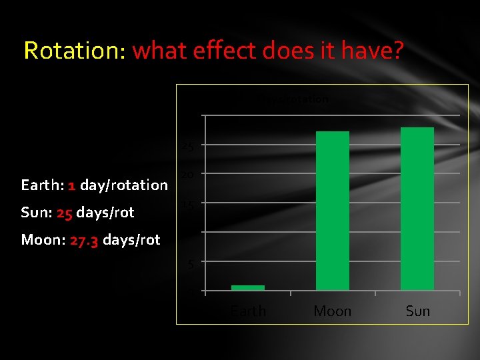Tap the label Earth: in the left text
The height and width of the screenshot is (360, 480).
pyautogui.click(x=43, y=185)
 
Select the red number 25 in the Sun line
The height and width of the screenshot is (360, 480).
pyautogui.click(x=64, y=213)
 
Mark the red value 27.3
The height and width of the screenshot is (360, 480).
pyautogui.click(x=84, y=240)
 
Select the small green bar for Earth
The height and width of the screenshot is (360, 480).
pyautogui.click(x=248, y=288)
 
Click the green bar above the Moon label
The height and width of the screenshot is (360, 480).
pyautogui.click(x=333, y=211)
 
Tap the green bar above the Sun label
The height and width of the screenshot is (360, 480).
pyautogui.click(x=417, y=209)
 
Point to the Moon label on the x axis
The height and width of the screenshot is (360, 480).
pyautogui.click(x=333, y=311)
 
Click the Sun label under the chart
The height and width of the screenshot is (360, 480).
pyautogui.click(x=418, y=311)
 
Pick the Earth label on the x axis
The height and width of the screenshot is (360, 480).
pyautogui.click(x=248, y=311)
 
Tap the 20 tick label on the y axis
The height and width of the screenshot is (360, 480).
pyautogui.click(x=189, y=175)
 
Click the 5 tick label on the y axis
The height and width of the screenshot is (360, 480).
pyautogui.click(x=191, y=265)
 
